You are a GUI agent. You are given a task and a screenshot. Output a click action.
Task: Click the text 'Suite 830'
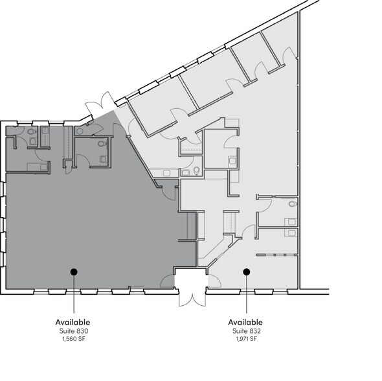click(73, 331)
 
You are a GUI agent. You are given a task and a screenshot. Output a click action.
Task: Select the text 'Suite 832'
click(245, 331)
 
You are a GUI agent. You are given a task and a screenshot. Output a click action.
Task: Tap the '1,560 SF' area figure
click(73, 339)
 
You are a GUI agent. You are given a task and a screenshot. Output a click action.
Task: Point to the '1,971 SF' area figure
click(245, 339)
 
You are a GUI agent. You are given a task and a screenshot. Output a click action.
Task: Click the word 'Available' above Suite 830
click(73, 322)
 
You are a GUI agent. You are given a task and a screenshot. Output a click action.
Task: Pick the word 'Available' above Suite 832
click(245, 322)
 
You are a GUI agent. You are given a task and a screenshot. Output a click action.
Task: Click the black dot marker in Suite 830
click(74, 272)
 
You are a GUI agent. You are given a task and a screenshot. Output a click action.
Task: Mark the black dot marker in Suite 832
click(246, 272)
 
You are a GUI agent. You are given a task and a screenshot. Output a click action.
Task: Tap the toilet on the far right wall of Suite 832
click(292, 203)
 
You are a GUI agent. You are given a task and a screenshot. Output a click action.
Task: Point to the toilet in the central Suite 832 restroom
click(196, 172)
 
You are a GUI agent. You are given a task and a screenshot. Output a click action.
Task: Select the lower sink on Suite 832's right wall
click(293, 231)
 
